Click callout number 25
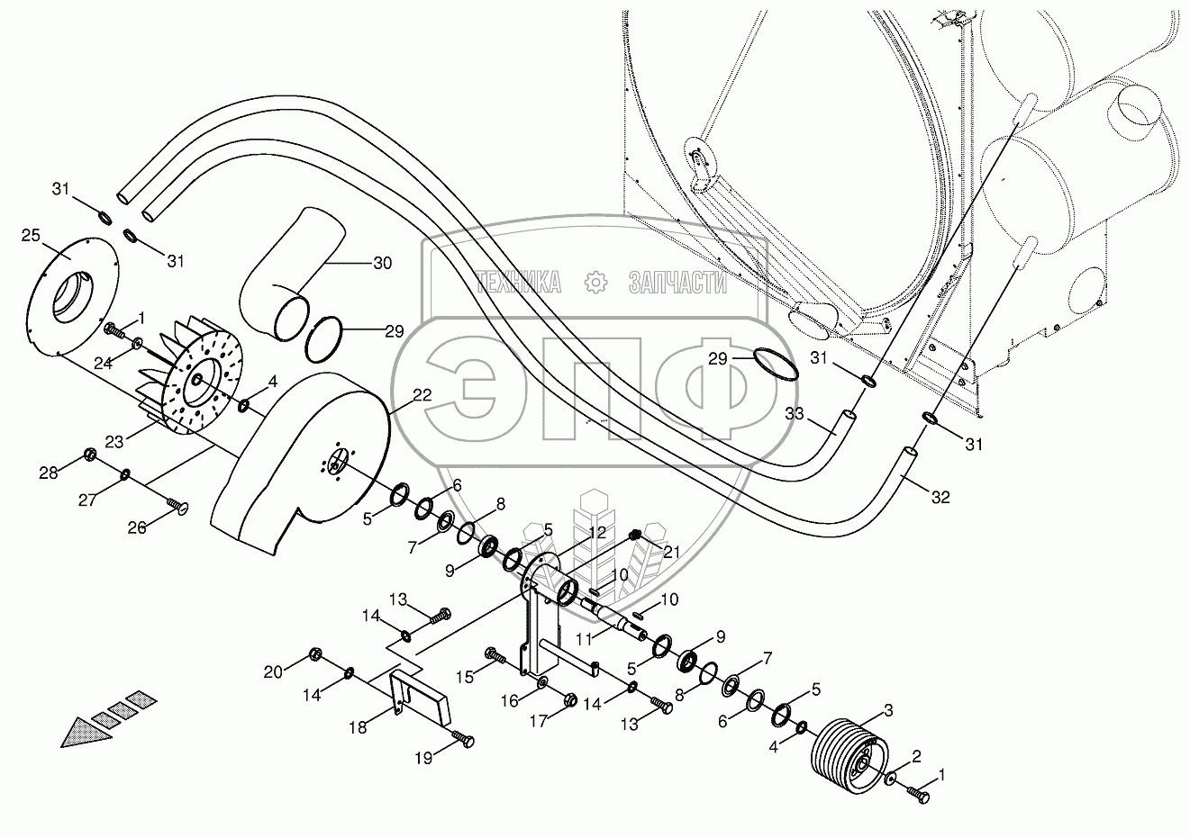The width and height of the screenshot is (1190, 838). click(x=31, y=236)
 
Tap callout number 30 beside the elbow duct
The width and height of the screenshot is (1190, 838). click(x=382, y=263)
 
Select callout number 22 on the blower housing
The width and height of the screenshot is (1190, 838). click(x=398, y=394)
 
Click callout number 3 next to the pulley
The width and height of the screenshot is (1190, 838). click(x=887, y=710)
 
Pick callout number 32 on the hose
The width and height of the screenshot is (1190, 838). click(x=940, y=497)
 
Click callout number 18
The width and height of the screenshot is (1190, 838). click(x=359, y=726)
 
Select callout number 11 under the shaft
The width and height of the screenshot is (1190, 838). click(x=585, y=637)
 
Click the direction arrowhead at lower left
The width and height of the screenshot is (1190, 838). click(x=86, y=728)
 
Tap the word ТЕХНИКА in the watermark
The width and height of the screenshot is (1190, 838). click(x=518, y=284)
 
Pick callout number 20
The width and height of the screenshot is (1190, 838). click(x=272, y=671)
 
